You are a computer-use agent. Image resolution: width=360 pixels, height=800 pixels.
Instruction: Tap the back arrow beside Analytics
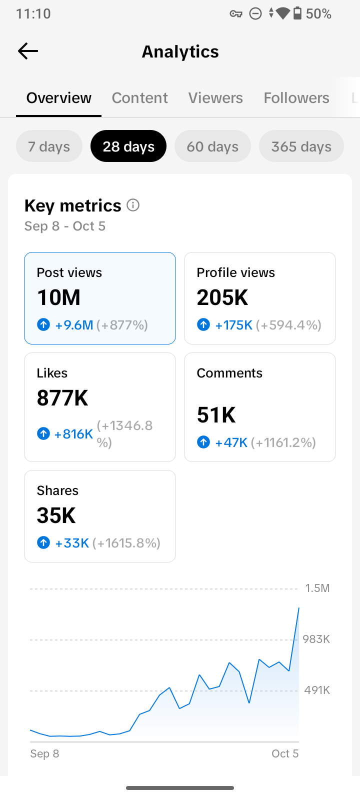[28, 51]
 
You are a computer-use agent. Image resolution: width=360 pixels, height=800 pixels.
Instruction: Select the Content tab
[139, 98]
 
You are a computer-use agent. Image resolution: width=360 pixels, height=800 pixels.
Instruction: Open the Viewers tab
[215, 98]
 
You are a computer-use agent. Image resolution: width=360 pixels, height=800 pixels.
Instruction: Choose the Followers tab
[296, 98]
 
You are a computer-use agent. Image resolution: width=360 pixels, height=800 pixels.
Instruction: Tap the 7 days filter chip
[49, 146]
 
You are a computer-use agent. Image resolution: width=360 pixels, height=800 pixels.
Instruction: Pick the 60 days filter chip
[212, 146]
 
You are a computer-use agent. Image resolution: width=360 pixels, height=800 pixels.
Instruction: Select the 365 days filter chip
[301, 146]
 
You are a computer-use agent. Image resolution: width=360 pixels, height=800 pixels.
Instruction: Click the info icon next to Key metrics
[133, 205]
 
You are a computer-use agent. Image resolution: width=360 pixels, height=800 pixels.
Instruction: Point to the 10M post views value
[59, 297]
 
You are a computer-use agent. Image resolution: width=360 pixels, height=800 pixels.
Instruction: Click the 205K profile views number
[222, 297]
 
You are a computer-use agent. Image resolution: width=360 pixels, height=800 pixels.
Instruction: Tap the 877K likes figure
[62, 398]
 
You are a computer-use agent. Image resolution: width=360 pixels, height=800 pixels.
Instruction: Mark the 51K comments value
[216, 415]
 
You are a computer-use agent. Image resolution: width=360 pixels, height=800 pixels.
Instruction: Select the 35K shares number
[56, 515]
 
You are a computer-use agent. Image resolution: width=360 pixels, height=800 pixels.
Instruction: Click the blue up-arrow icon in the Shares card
[43, 543]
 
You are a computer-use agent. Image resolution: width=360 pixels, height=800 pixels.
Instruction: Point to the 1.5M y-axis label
[317, 588]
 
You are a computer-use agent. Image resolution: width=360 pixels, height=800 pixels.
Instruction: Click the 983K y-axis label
[316, 639]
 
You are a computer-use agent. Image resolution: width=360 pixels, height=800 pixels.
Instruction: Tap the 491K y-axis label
[317, 690]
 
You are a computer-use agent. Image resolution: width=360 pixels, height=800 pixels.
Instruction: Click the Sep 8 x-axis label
[44, 753]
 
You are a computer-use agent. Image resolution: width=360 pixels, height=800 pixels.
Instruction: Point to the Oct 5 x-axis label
[285, 753]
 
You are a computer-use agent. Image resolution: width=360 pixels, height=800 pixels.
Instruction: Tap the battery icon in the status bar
[297, 13]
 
